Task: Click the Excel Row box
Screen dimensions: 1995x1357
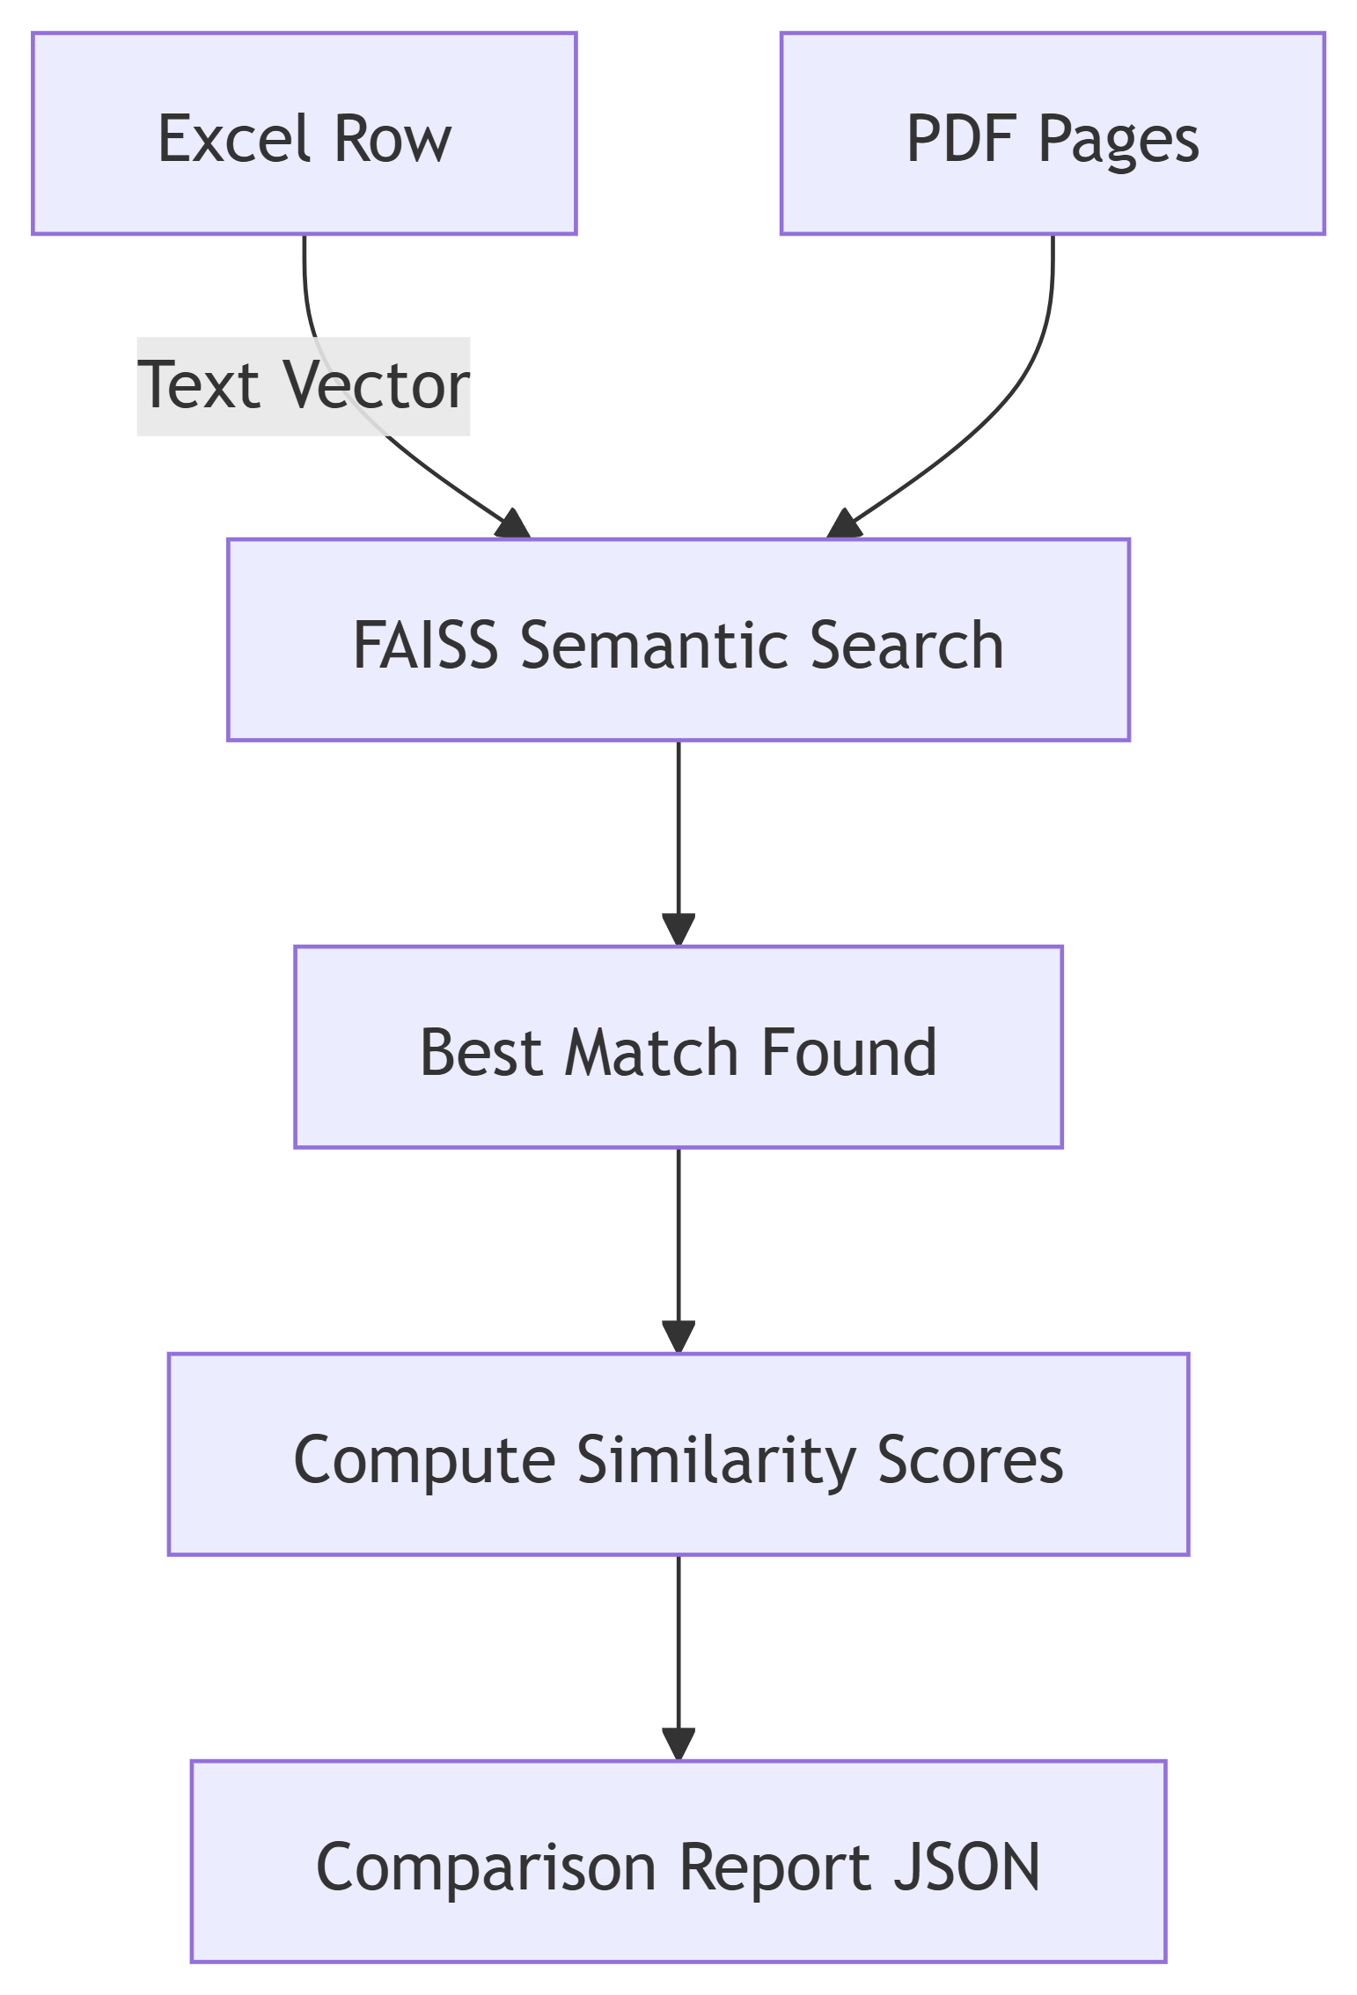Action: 304,134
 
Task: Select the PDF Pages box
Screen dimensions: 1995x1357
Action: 1053,134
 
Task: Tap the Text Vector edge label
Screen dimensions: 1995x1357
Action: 304,386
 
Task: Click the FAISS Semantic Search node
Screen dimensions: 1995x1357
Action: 678,639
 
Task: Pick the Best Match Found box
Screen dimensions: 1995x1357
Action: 678,1047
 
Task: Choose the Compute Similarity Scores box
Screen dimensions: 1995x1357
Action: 678,1454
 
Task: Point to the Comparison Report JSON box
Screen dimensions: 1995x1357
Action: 678,1861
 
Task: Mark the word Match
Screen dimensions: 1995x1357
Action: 650,1052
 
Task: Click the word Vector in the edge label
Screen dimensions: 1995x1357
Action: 377,386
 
